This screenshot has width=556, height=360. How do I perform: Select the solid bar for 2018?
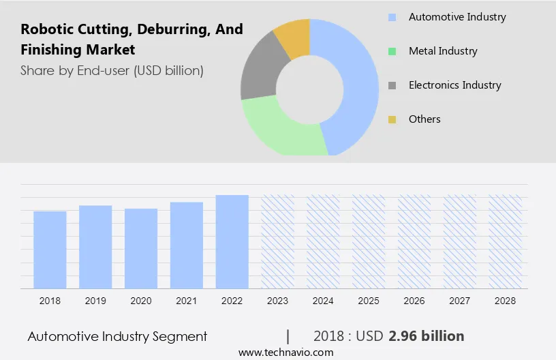(50, 250)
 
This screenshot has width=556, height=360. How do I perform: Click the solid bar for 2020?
(141, 248)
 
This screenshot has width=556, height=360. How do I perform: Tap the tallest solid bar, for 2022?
(232, 241)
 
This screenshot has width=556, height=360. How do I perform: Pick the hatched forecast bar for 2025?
(369, 241)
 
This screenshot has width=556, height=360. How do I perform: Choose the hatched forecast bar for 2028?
(506, 241)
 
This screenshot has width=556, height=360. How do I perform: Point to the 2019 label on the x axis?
(95, 300)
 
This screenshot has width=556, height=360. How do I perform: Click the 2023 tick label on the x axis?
(278, 300)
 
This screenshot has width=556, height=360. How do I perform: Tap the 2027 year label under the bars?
(460, 300)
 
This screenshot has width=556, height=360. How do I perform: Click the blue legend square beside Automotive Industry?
(392, 17)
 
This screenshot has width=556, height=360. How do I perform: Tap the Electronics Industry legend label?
(454, 85)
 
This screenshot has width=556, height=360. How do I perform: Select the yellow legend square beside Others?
(392, 119)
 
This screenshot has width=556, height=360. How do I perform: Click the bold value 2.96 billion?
(427, 336)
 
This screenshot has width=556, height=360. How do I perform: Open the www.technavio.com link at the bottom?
(286, 352)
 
